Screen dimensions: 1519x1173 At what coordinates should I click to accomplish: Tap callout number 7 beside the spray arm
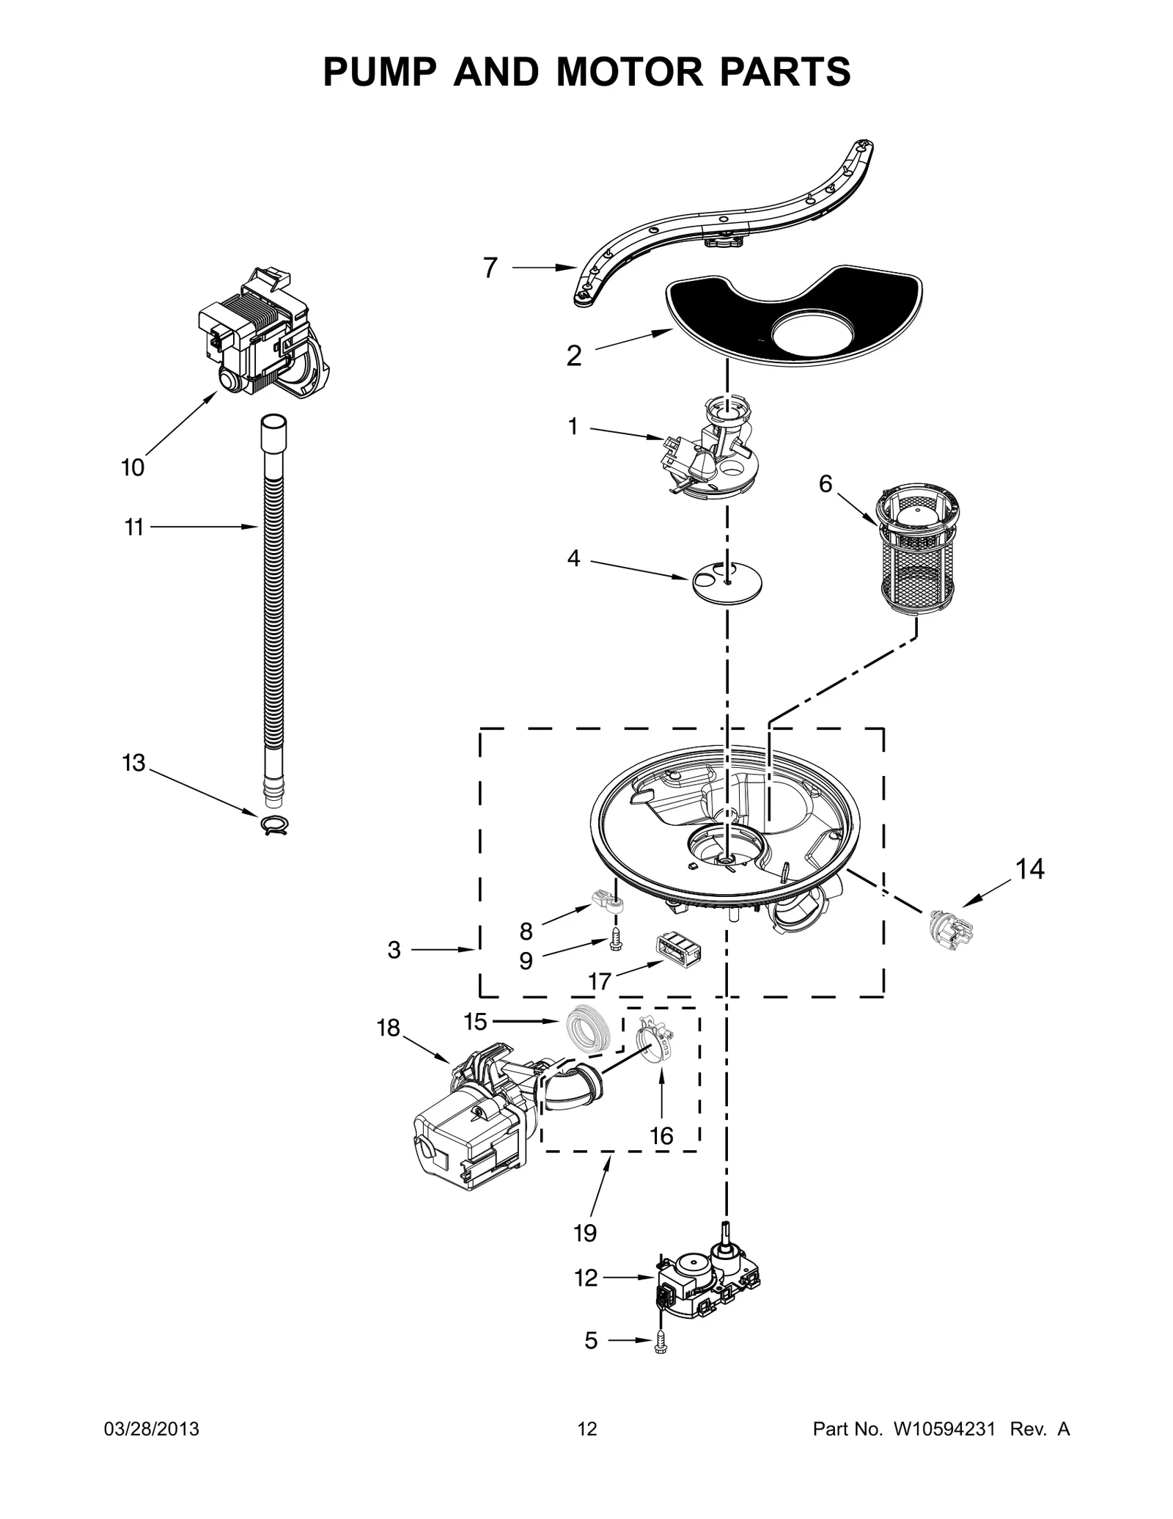(490, 268)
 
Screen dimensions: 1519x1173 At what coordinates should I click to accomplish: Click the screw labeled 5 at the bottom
(662, 1342)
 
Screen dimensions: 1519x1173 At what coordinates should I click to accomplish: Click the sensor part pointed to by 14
(949, 925)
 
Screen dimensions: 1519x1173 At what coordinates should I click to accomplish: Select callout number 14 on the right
(1029, 869)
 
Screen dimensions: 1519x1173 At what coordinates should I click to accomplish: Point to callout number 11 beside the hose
(133, 527)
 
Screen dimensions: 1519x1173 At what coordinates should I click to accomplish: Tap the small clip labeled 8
(605, 899)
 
